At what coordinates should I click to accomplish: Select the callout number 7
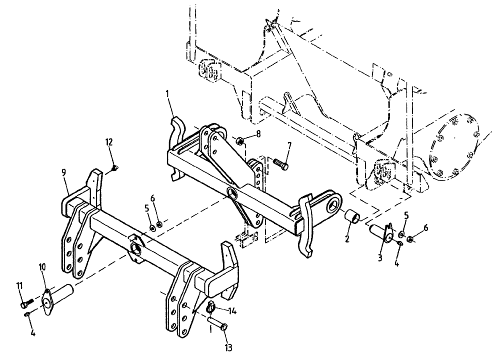[289, 145]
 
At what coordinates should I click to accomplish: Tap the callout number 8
[258, 133]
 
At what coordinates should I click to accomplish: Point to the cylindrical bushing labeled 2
[353, 218]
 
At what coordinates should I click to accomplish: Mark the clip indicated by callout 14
[211, 306]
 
